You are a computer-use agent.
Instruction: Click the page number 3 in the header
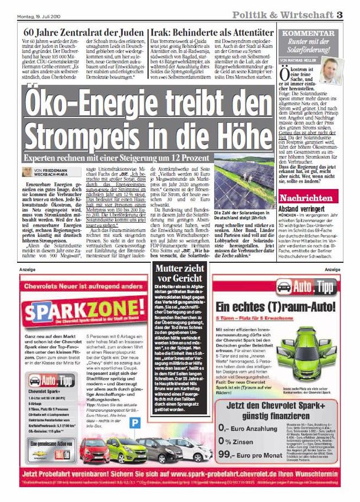pyautogui.click(x=340, y=14)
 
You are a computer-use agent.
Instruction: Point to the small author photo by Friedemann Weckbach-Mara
pyautogui.click(x=28, y=171)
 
